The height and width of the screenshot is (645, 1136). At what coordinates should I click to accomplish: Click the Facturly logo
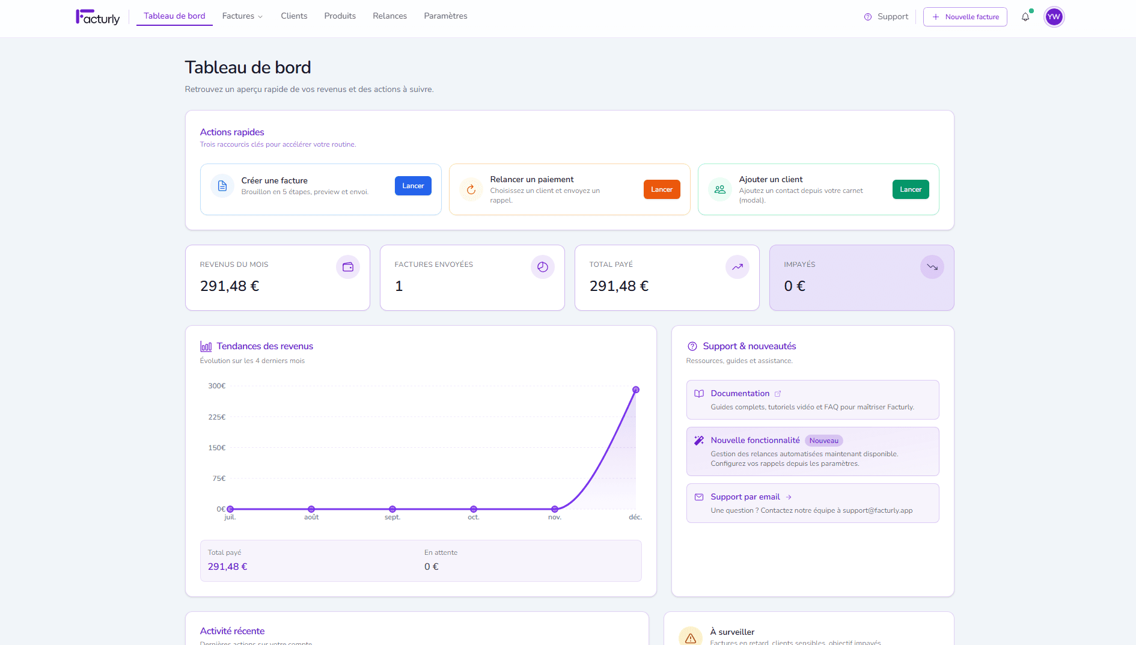coord(97,17)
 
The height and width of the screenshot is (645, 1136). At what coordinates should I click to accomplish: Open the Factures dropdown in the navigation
coord(242,16)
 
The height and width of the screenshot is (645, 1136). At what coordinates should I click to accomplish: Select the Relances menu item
coord(389,16)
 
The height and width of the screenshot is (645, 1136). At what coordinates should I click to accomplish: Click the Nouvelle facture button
coord(965,17)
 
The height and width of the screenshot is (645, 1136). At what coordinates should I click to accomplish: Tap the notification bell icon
coord(1025,17)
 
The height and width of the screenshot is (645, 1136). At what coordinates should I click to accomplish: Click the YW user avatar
coord(1054,17)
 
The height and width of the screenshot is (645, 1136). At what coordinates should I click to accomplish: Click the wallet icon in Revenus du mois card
coord(347,267)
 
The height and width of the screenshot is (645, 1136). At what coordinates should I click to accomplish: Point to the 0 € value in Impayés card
coord(794,286)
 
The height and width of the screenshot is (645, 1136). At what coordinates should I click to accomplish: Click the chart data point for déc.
coord(635,390)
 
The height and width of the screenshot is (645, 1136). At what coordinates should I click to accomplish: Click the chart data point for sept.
coord(392,509)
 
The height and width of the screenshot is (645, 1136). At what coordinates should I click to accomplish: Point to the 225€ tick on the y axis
coord(216,417)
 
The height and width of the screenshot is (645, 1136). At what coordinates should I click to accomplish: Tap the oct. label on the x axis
coord(474,518)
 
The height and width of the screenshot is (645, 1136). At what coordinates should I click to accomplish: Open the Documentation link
coord(740,394)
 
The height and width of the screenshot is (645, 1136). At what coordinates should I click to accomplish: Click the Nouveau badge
coord(823,441)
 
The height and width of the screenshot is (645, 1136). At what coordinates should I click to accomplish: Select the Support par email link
coord(745,497)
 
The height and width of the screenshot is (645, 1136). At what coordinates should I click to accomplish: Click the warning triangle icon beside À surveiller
coord(690,638)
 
